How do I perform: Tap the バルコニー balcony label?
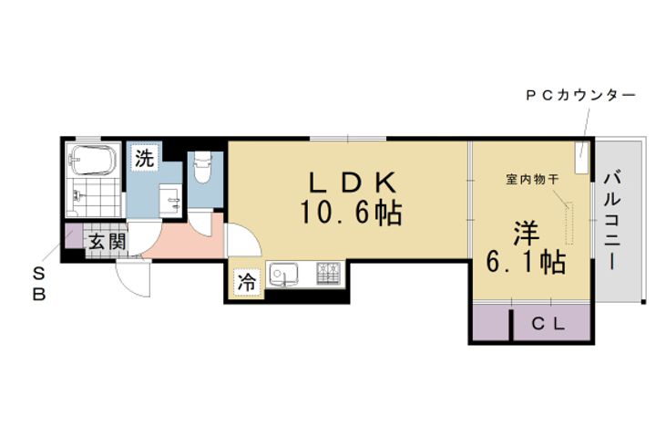612,219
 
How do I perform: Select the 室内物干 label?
534,179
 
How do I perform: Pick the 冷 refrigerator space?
247,284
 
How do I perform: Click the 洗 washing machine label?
145,158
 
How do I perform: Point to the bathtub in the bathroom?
93,162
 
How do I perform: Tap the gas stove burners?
327,273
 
